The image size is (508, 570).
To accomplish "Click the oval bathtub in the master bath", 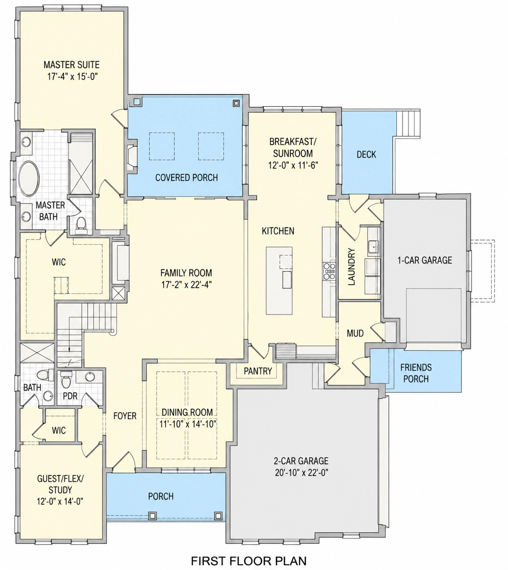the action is (29, 179).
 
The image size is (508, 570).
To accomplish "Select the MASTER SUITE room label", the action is (72, 65).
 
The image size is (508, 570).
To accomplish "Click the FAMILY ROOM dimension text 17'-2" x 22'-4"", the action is (186, 285).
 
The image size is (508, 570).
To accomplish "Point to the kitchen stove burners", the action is (329, 271).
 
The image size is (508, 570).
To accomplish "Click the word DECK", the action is (366, 154).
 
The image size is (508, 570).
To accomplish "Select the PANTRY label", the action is (258, 371).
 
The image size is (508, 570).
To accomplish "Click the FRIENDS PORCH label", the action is (416, 373).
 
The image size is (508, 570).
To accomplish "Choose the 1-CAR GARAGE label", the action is (425, 260).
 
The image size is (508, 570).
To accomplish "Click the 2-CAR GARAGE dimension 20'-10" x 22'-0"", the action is (301, 472).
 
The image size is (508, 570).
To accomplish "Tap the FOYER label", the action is (125, 416).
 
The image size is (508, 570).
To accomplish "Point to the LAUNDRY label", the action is (351, 267).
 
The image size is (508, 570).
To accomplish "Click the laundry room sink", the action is (373, 247).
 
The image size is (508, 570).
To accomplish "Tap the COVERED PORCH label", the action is (187, 178).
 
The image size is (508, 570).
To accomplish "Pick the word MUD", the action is (355, 334).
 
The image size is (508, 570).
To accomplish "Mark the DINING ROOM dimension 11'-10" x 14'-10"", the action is (187, 424).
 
